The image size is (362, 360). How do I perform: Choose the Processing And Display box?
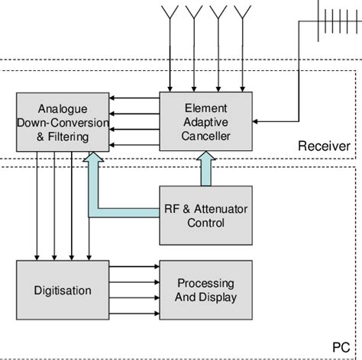205,291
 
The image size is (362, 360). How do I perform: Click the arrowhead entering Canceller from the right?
257,121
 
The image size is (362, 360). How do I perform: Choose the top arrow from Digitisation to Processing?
134,267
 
